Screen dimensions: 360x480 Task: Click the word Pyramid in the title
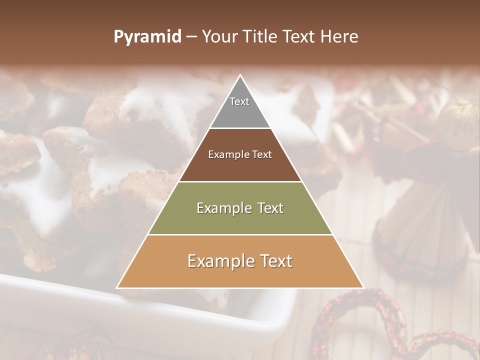pyautogui.click(x=147, y=37)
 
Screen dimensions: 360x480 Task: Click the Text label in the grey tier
pyautogui.click(x=239, y=101)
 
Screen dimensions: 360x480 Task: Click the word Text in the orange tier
pyautogui.click(x=275, y=261)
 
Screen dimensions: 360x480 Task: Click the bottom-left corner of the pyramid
pyautogui.click(x=117, y=287)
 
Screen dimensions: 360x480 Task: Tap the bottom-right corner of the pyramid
pyautogui.click(x=363, y=287)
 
